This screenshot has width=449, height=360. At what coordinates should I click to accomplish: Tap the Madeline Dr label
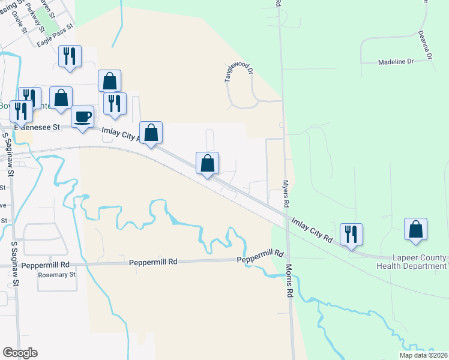pos(396,62)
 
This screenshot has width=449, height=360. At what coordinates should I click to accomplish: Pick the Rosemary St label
pos(56,275)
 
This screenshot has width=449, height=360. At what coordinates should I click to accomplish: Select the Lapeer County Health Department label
pos(411,262)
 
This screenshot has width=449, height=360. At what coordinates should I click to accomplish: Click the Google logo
pos(20,353)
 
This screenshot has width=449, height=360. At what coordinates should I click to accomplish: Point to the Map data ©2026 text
pos(423,355)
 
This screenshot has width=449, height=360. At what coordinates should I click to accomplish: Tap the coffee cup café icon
pos(82,116)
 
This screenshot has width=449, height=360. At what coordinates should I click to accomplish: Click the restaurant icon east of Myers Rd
pos(351,234)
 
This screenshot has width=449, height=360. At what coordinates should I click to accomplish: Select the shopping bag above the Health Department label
pos(415,229)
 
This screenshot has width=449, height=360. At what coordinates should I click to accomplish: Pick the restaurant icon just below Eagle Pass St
pos(70,56)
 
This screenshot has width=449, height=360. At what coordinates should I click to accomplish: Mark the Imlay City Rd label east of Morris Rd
pos(312,230)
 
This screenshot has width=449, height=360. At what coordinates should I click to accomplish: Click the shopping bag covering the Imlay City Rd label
pos(151,133)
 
